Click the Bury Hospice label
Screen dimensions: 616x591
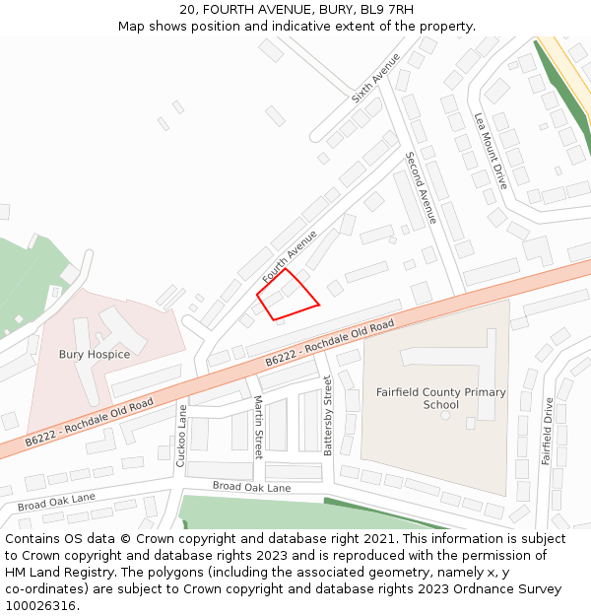95,354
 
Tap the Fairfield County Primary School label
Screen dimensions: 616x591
440,398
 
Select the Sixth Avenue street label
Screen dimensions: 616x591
375,79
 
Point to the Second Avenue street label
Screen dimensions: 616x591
421,187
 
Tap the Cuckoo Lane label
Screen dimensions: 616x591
181,435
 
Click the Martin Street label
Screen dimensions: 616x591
258,427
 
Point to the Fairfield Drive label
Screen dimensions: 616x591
548,430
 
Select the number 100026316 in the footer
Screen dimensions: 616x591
39,605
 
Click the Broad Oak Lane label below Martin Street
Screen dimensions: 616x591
252,487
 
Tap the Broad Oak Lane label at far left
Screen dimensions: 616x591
56,502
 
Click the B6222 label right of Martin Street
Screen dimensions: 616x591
330,344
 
